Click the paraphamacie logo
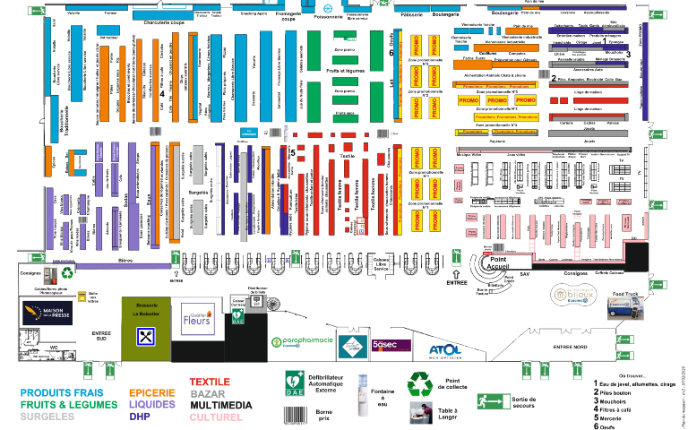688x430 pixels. [x=303, y=343]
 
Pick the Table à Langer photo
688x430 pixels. [x=420, y=413]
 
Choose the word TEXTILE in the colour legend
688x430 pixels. [x=210, y=382]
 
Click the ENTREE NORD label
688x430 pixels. [x=572, y=346]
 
